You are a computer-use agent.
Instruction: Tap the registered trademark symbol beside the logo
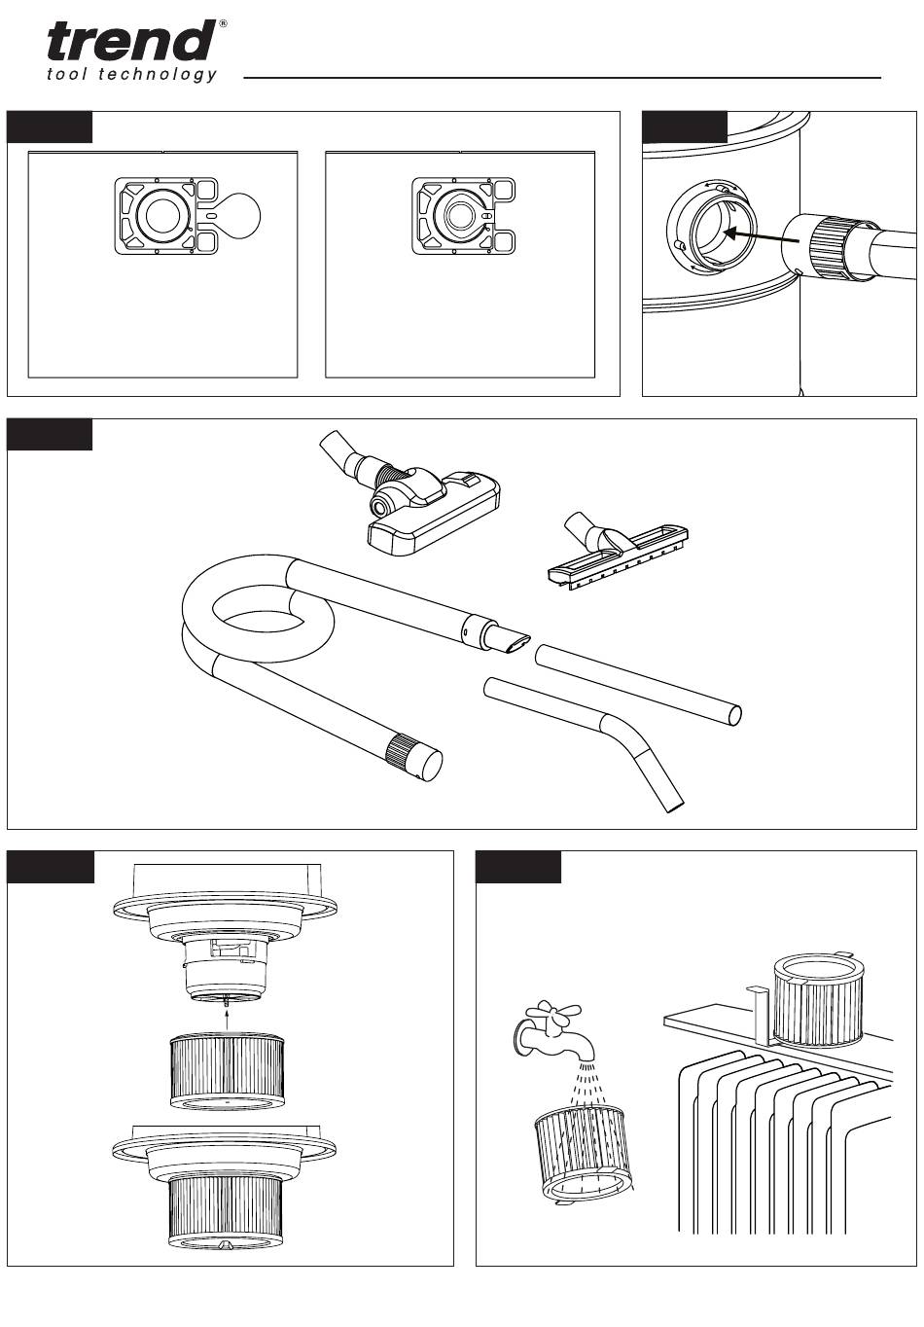point(222,23)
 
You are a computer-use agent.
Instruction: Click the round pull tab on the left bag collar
point(237,216)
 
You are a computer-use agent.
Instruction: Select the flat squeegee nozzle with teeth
point(618,552)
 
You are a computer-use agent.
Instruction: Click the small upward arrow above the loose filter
point(228,1017)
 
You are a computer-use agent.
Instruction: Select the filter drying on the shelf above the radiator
point(818,999)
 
